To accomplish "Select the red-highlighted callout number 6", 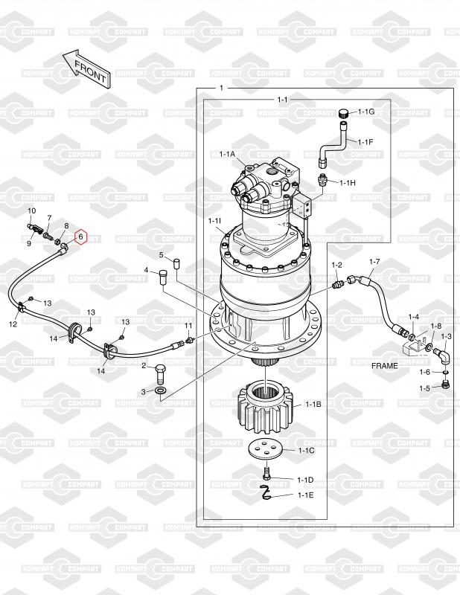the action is [x=80, y=237].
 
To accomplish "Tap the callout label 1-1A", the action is [x=228, y=154].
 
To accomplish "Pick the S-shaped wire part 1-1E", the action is [x=266, y=492].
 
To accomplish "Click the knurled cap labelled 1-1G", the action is [x=344, y=113].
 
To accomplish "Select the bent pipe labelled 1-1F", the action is [x=333, y=144].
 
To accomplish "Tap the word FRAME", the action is [x=384, y=366].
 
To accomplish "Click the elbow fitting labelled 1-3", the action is [x=442, y=356].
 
